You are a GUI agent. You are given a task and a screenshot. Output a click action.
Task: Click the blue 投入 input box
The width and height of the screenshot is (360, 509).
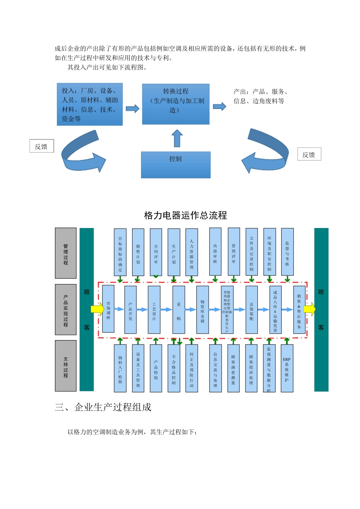pos(90,104)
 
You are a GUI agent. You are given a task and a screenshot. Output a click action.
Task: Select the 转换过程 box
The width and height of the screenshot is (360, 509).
pos(175,104)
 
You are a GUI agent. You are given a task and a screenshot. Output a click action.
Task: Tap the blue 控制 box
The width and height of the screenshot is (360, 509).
pos(175,165)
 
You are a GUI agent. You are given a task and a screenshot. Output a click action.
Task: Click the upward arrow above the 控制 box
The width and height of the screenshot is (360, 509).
pos(177,138)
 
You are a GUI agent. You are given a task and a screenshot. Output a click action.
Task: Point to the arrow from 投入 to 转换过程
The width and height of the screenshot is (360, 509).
pos(132,109)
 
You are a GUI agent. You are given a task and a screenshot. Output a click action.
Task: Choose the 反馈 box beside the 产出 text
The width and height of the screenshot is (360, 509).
pos(309,154)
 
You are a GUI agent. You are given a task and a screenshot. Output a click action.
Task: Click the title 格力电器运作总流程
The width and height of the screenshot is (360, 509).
pos(185,215)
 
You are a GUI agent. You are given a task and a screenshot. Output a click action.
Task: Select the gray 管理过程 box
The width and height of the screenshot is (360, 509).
pos(66,253)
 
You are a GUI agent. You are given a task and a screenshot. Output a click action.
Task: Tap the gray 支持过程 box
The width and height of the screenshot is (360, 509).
pos(66,365)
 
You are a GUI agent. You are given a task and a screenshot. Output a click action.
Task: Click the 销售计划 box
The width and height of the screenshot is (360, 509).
pos(138,252)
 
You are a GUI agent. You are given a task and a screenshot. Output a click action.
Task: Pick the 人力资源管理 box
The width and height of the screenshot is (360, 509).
pos(191,252)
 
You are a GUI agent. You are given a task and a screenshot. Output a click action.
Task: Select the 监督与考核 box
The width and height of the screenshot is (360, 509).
pos(287,252)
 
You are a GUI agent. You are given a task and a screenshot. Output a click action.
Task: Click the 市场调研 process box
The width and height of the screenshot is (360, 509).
pos(108,309)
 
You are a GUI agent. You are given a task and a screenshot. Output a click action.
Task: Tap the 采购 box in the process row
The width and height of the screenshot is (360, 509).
pos(178,310)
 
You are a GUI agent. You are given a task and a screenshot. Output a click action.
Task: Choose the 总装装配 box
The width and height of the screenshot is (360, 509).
pos(251,310)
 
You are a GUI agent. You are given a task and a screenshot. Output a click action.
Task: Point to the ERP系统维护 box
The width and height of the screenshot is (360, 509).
pos(287,368)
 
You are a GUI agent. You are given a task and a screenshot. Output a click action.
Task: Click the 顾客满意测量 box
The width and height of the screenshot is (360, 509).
pos(233,368)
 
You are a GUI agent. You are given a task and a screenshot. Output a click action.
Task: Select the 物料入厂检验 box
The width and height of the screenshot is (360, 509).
pos(120,368)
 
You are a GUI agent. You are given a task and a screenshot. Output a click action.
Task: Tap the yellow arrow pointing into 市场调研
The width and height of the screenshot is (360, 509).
pos(97,309)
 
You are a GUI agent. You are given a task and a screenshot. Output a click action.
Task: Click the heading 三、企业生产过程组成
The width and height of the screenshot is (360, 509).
pos(103,407)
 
